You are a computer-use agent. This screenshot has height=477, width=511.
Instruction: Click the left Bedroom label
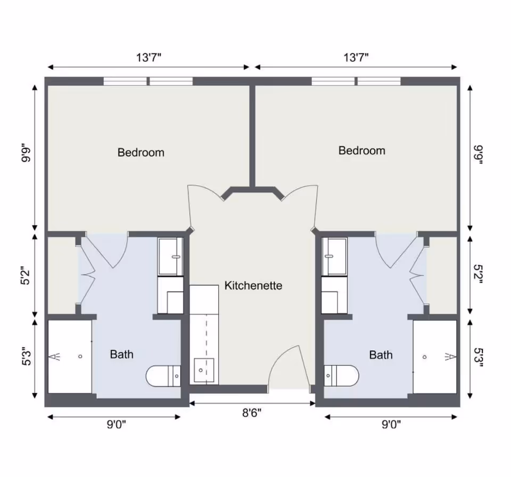click(x=141, y=153)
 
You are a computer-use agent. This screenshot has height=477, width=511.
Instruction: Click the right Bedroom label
click(x=361, y=151)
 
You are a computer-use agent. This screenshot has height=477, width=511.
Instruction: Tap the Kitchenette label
click(x=253, y=286)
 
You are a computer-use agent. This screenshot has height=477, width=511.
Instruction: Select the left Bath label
click(x=121, y=355)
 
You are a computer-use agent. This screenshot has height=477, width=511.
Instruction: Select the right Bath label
click(x=381, y=355)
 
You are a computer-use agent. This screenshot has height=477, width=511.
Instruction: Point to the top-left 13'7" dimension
click(x=149, y=58)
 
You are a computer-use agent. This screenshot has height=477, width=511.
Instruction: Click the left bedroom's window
click(x=147, y=81)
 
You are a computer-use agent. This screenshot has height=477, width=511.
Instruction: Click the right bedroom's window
click(x=356, y=81)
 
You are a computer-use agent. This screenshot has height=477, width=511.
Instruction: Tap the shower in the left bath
click(x=70, y=356)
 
